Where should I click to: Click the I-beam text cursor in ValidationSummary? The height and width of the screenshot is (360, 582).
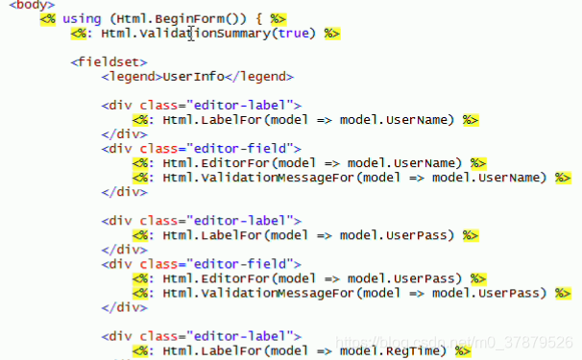click(x=192, y=34)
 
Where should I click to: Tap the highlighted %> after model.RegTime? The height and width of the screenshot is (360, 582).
click(x=463, y=351)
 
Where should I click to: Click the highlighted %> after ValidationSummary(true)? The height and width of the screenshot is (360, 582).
click(x=332, y=34)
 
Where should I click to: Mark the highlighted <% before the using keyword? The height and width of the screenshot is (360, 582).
click(x=47, y=19)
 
